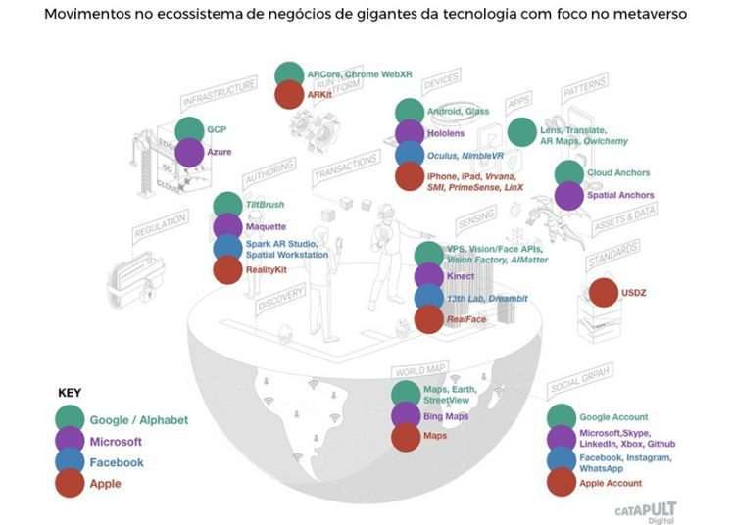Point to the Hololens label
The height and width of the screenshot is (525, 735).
446,133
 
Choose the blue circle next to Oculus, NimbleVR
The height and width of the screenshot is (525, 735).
410,155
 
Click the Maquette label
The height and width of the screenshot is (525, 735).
267,227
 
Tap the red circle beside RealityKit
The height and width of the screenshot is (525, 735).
227,269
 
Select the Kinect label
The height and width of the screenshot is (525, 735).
461,276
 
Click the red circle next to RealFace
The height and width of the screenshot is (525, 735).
429,318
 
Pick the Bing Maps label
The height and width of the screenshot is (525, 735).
446,417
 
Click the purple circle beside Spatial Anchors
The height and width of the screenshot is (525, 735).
568,195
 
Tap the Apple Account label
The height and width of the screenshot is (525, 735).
611,483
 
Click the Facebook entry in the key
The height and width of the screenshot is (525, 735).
117,462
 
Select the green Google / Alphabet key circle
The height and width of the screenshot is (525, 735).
70,420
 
